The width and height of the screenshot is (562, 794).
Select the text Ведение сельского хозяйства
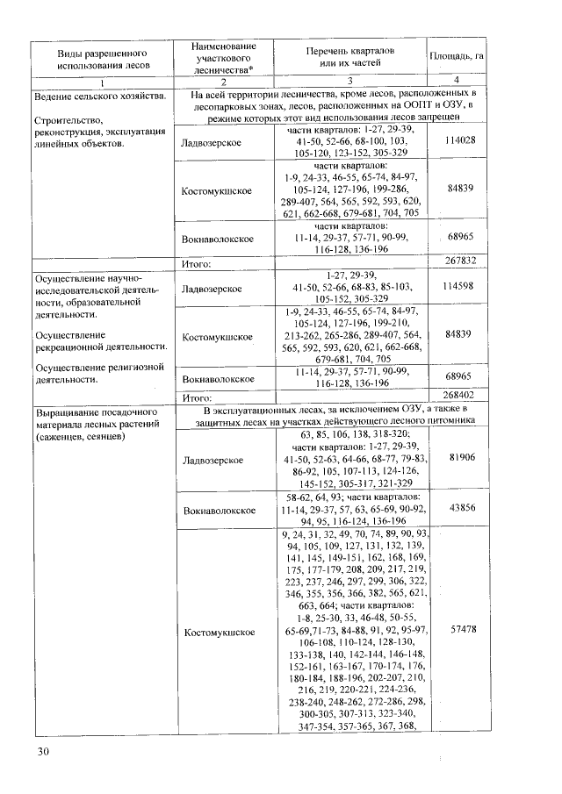[x=97, y=95]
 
